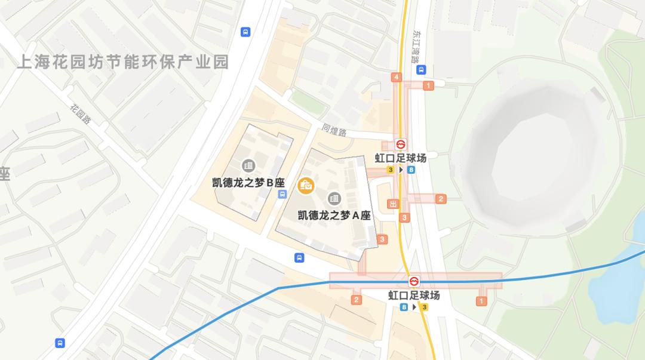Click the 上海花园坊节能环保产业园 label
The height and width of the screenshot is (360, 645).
(x=123, y=62)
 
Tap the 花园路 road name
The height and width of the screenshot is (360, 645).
(x=81, y=114)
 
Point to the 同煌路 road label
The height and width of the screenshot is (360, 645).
(x=334, y=130)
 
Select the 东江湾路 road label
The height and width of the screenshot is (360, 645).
(x=415, y=47)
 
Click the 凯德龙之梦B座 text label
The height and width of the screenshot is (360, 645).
(x=248, y=183)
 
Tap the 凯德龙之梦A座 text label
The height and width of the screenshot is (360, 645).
(x=334, y=216)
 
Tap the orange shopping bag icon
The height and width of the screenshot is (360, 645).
(x=306, y=185)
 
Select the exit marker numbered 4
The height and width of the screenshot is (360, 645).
(x=396, y=77)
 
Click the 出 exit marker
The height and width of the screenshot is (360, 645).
(x=392, y=204)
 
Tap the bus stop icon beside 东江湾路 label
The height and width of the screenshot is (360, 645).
(x=422, y=69)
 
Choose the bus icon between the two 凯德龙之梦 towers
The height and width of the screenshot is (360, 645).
(x=283, y=194)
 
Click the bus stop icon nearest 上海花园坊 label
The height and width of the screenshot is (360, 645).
(x=245, y=32)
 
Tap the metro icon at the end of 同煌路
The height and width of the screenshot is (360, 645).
(x=401, y=144)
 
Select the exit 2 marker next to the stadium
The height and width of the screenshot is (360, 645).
(x=441, y=199)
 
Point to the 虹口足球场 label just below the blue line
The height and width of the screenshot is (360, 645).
(x=414, y=296)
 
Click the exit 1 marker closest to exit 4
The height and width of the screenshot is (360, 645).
(x=428, y=86)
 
